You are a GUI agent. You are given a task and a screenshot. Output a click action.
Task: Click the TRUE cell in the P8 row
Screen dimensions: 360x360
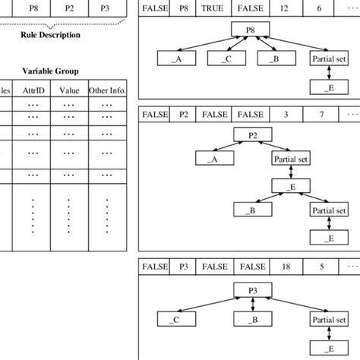pyautogui.click(x=212, y=9)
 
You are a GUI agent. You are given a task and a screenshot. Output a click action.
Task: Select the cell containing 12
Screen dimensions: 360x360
pyautogui.click(x=283, y=9)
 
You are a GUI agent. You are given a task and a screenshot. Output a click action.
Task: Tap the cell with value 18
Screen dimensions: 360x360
pyautogui.click(x=283, y=267)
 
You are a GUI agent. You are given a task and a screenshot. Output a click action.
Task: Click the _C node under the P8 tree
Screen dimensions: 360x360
pyautogui.click(x=226, y=58)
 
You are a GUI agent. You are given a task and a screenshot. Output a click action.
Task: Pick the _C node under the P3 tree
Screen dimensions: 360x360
pyautogui.click(x=175, y=319)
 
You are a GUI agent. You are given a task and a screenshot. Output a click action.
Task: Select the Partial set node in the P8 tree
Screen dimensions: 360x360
pyautogui.click(x=328, y=58)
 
